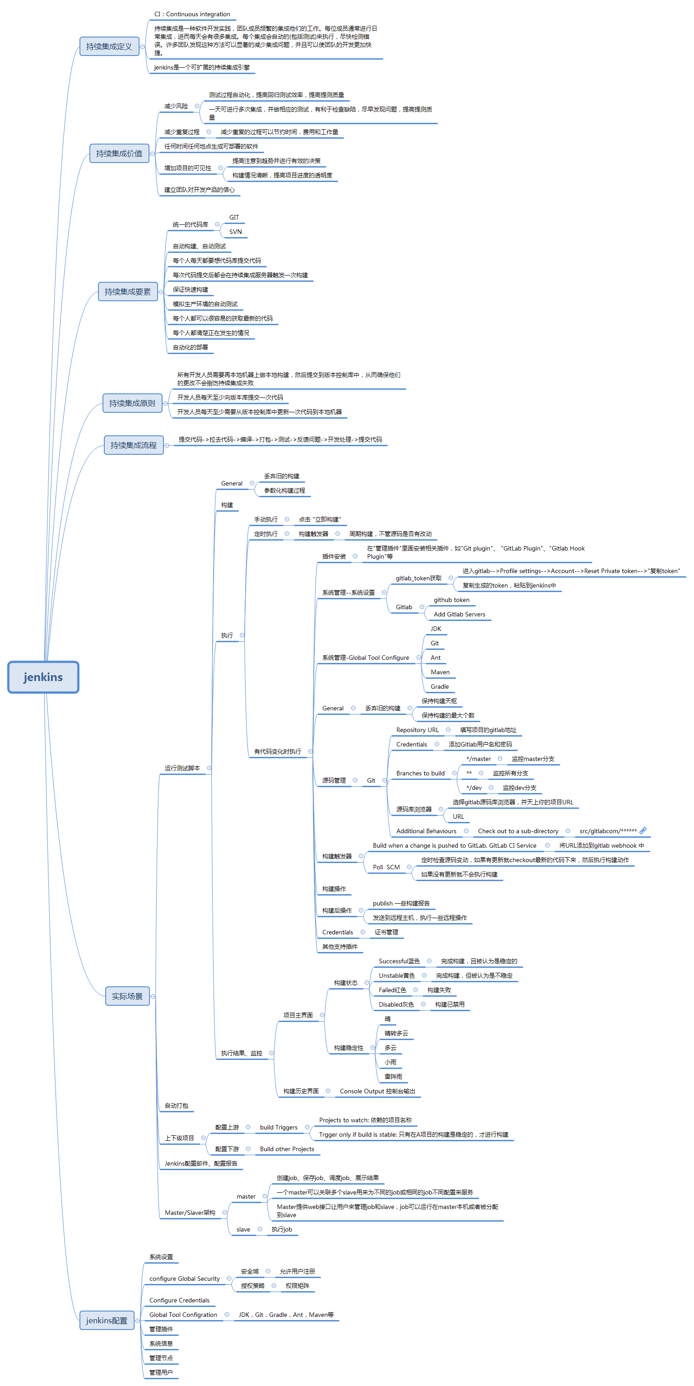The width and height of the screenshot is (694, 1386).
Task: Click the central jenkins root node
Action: click(x=43, y=677)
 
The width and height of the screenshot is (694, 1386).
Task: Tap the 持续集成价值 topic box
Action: click(x=119, y=154)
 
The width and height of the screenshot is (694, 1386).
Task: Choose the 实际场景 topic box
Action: click(x=127, y=996)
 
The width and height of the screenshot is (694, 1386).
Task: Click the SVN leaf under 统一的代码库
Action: click(x=235, y=232)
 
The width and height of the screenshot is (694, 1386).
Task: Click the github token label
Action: click(x=452, y=600)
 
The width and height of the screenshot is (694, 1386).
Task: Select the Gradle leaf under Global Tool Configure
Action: click(x=439, y=686)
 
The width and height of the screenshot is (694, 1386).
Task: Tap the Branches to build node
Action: click(x=420, y=773)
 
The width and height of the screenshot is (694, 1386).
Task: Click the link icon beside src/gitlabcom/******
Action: click(x=643, y=831)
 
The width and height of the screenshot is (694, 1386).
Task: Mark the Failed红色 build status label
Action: click(x=392, y=990)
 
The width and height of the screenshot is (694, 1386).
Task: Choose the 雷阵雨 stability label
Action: click(x=393, y=1077)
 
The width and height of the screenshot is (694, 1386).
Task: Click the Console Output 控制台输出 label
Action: click(x=377, y=1091)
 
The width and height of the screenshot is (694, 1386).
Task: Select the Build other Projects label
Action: click(x=287, y=1149)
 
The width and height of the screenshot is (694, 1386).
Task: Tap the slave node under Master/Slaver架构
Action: click(x=243, y=1229)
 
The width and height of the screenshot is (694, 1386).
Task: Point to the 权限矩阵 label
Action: click(x=297, y=1286)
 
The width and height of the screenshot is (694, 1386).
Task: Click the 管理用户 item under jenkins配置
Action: click(x=161, y=1372)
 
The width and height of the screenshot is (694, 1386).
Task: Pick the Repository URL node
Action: click(x=417, y=730)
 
